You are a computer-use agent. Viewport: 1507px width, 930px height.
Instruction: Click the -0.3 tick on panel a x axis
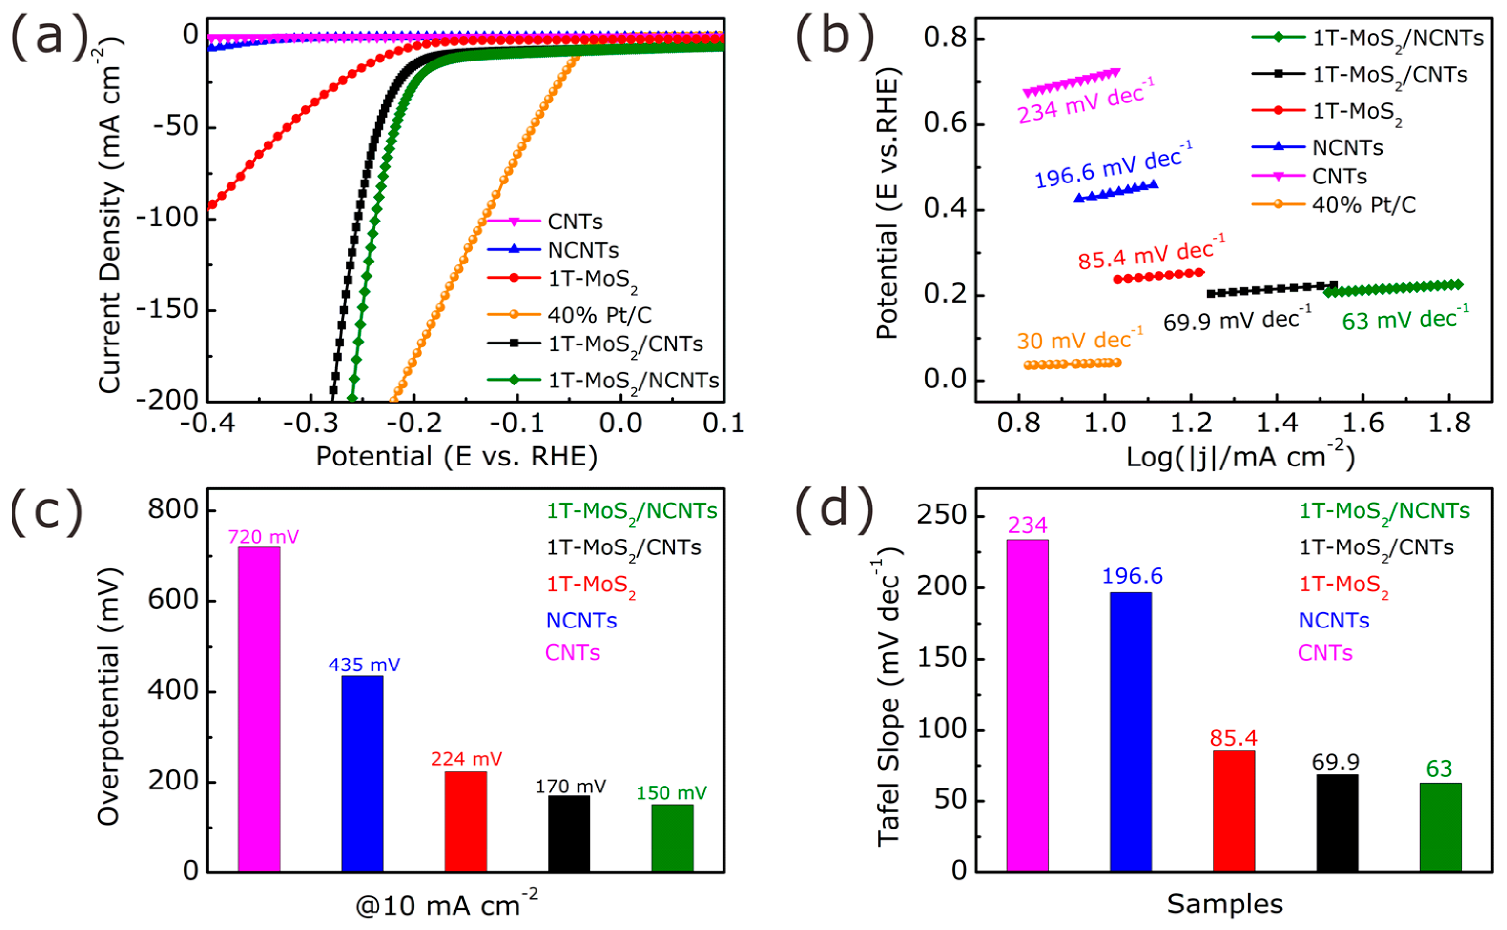click(311, 423)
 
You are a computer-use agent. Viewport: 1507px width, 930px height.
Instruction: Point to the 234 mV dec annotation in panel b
click(1085, 102)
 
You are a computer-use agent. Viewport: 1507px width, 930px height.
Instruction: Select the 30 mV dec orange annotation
click(1079, 340)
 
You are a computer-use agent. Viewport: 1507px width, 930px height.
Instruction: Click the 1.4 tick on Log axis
click(1277, 423)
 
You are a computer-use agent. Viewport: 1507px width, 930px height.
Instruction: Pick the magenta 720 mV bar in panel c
click(259, 708)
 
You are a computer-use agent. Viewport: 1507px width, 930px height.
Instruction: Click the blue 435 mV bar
click(362, 773)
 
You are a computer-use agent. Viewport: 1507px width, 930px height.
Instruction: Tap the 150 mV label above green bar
click(671, 793)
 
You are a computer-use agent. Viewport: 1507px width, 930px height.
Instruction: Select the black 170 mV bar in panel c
click(569, 833)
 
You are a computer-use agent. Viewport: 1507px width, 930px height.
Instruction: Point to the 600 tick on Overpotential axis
click(173, 600)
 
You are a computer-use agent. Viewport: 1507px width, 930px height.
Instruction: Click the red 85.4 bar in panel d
click(1234, 810)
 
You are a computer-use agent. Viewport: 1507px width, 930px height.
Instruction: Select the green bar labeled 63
click(1441, 827)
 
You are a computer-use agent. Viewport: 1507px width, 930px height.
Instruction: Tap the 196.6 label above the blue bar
click(1132, 576)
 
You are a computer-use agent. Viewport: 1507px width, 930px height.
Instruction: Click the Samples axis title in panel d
click(1224, 904)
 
